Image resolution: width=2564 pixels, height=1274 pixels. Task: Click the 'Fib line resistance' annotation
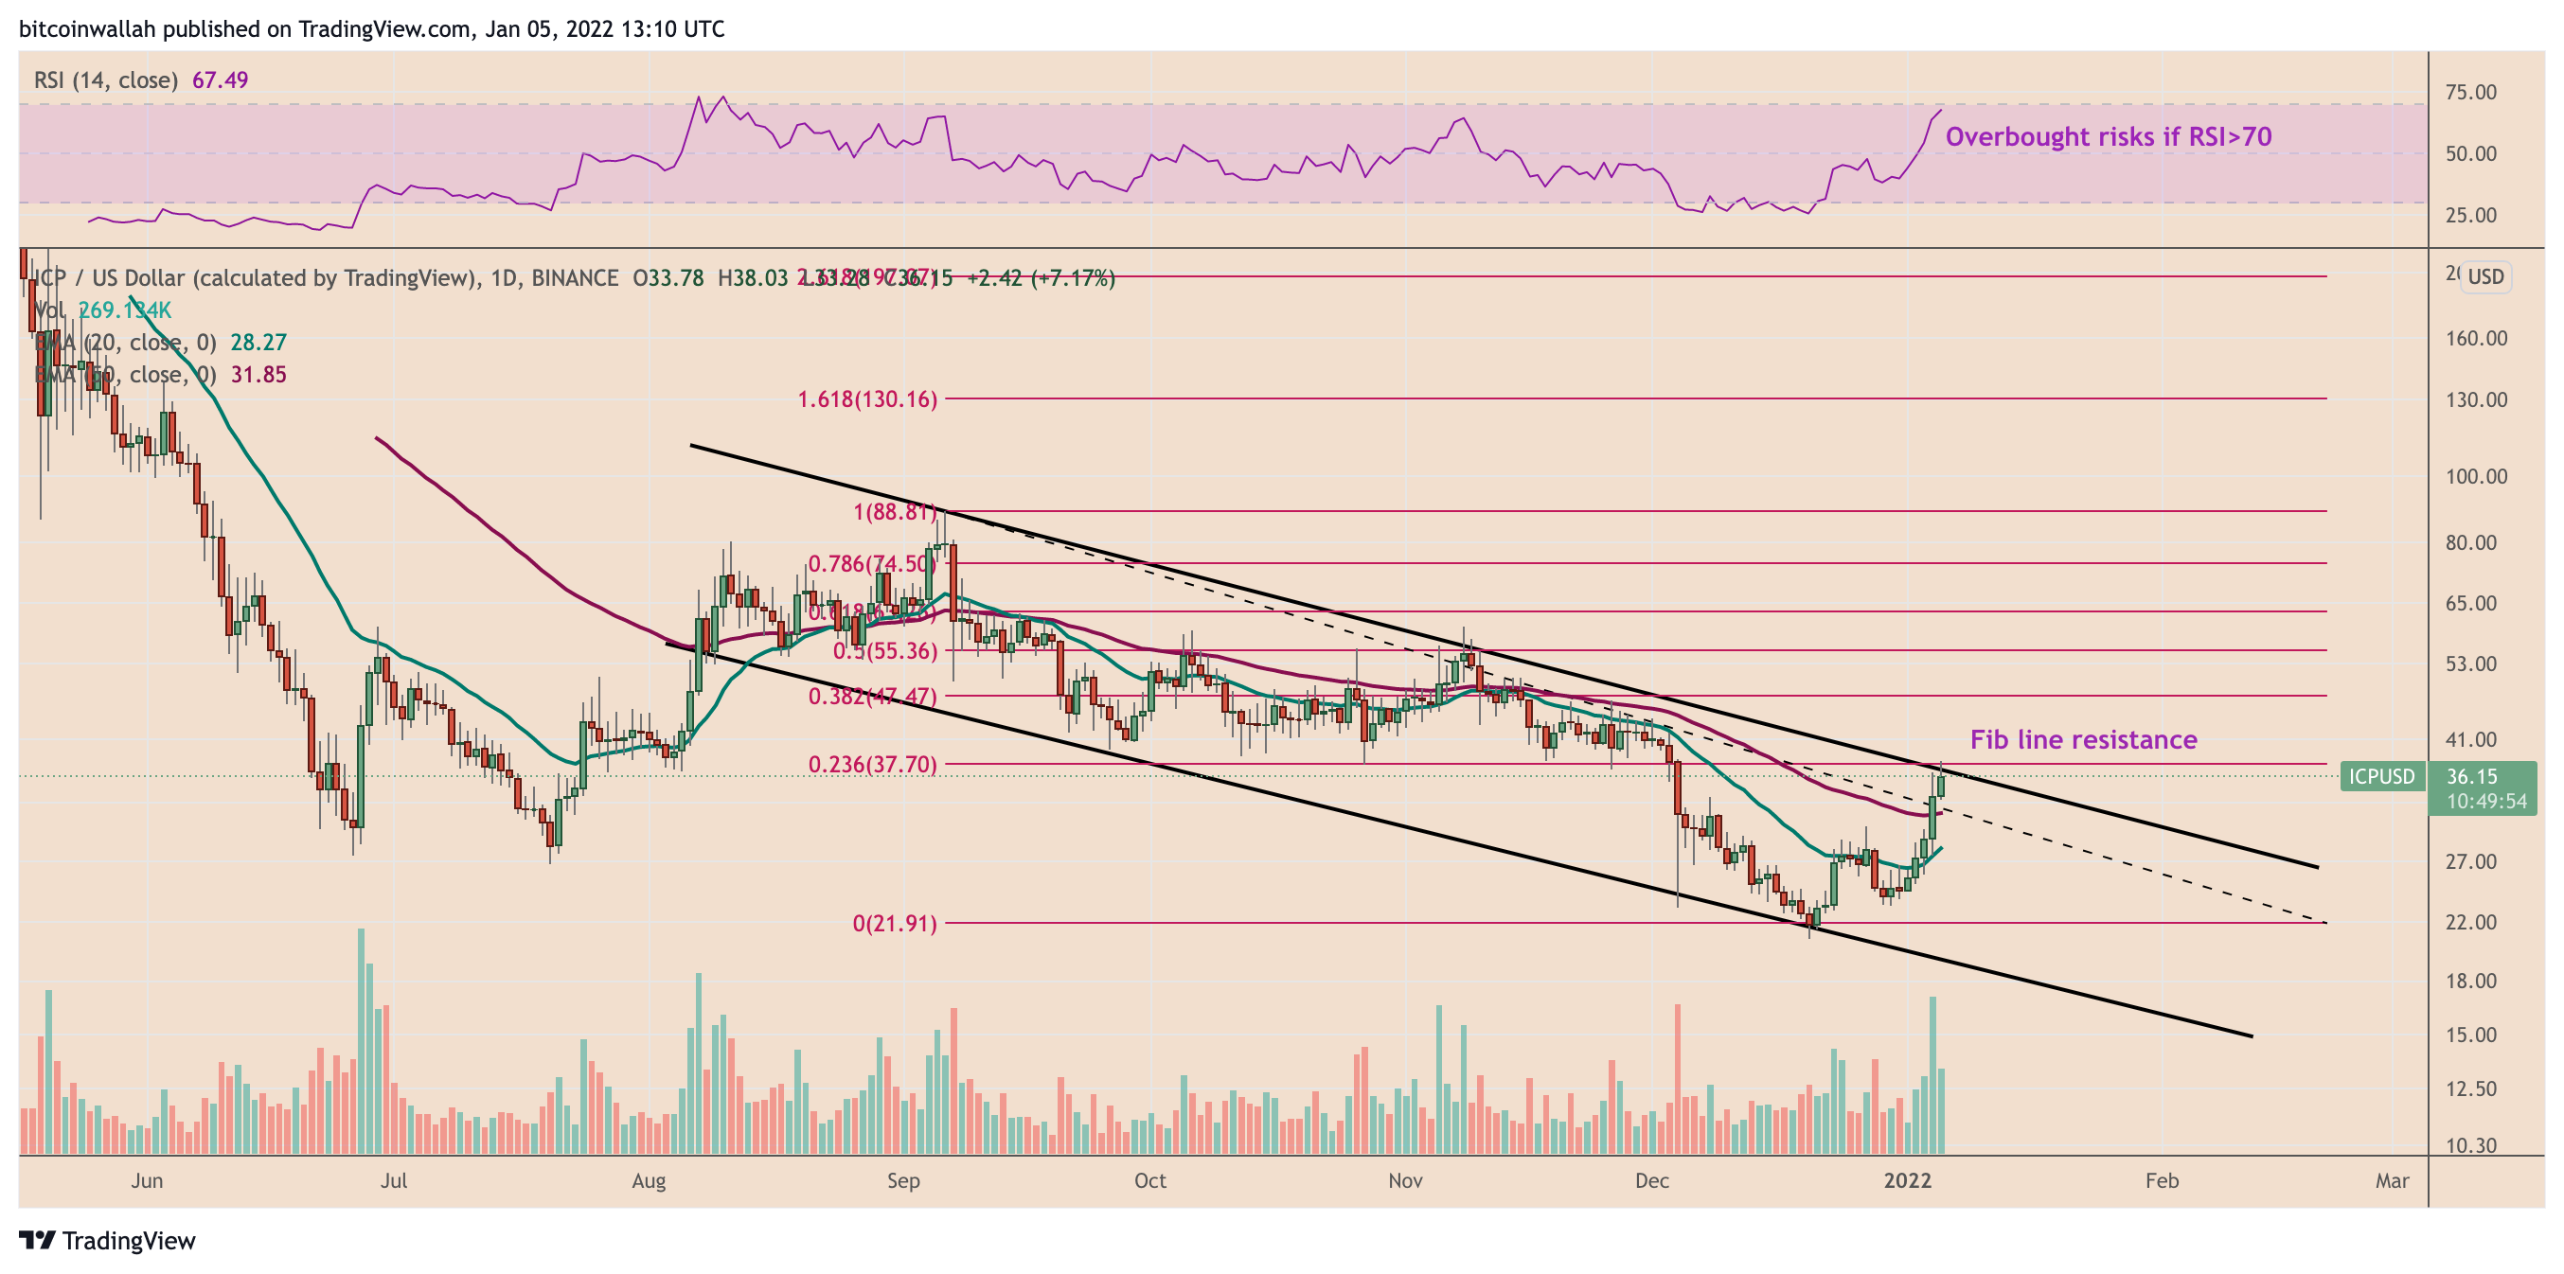(x=2082, y=739)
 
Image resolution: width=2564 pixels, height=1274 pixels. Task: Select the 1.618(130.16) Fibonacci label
(x=867, y=399)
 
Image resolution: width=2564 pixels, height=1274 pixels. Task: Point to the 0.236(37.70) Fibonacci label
(x=872, y=765)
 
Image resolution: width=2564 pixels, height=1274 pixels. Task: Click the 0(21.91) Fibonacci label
(x=894, y=924)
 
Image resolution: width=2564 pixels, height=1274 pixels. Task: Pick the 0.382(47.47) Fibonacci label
(x=872, y=696)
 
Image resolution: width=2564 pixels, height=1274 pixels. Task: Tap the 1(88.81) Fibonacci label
(x=894, y=513)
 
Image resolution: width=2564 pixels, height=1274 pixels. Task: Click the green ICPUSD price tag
(x=2382, y=776)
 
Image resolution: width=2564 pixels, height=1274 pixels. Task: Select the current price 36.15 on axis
(x=2471, y=776)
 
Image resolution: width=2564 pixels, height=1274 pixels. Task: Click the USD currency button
(x=2484, y=276)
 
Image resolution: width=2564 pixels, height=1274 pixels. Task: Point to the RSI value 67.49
(x=220, y=80)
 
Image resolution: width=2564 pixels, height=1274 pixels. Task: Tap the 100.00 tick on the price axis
(x=2476, y=476)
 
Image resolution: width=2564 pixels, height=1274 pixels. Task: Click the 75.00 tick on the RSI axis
(x=2470, y=92)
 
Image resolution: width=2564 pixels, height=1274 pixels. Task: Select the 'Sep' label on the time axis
(x=902, y=1180)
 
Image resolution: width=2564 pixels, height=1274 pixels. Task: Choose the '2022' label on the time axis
(x=1907, y=1180)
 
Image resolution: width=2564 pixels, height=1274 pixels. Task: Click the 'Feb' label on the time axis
(x=2161, y=1180)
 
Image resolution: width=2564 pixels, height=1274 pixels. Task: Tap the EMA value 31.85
(x=258, y=374)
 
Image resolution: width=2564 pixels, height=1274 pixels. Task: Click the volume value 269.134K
(x=124, y=310)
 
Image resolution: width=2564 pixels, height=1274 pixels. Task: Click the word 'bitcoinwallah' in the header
(x=88, y=28)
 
